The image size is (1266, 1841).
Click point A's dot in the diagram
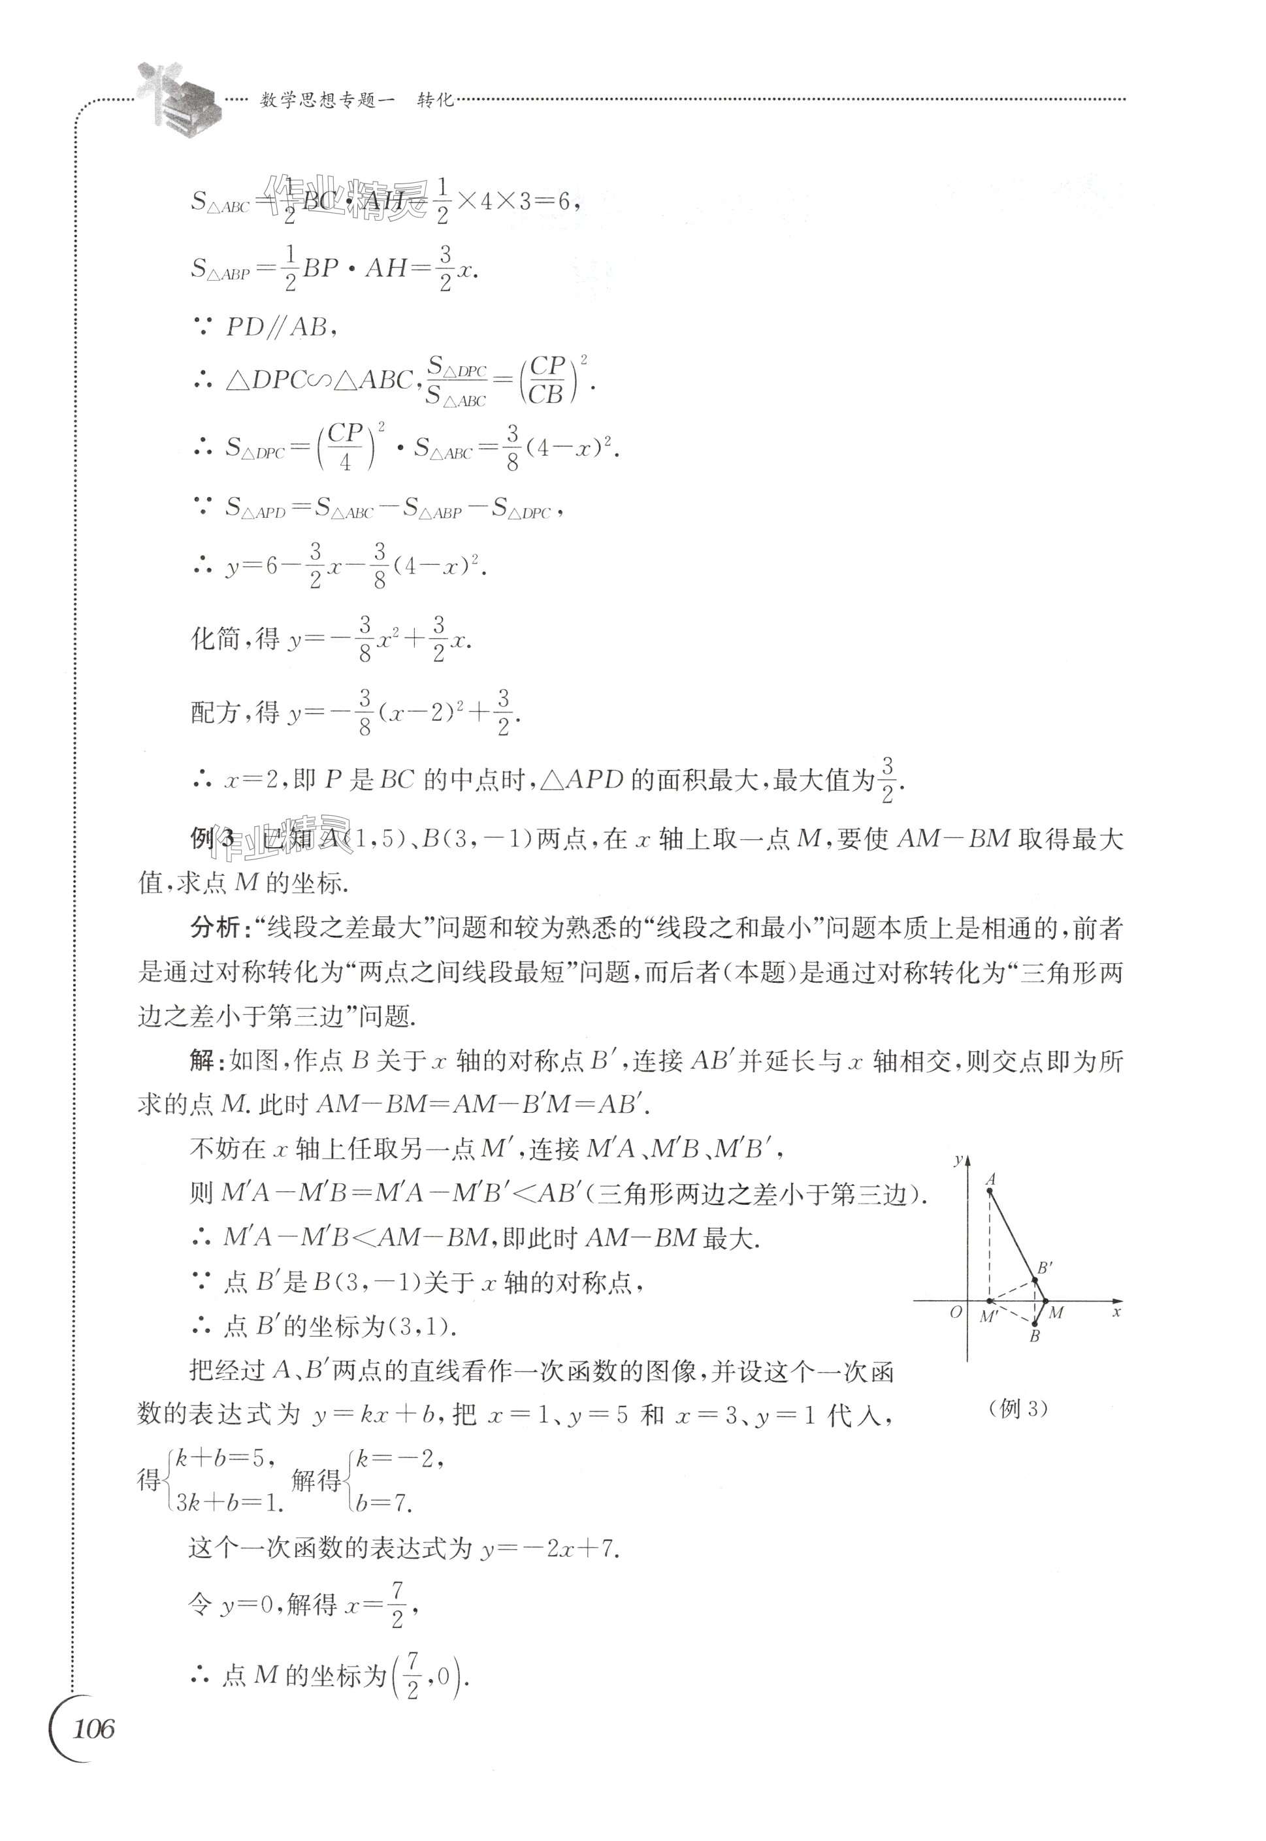(989, 1190)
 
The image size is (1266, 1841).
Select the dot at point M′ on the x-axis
(989, 1301)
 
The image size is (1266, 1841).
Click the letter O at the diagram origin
(956, 1312)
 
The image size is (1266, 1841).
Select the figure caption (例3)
(1018, 1408)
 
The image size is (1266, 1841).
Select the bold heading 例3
(212, 839)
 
